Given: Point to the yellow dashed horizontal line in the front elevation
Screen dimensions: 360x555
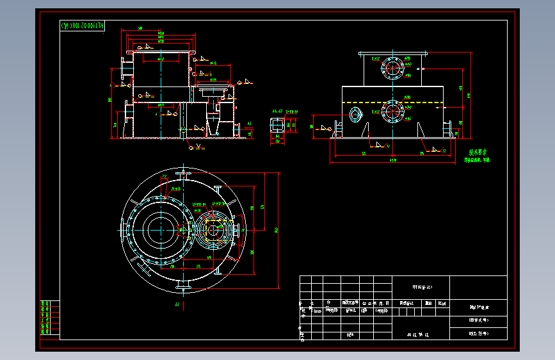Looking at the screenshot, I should (392, 102).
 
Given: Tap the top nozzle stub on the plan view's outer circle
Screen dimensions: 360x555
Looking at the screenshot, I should (184, 173).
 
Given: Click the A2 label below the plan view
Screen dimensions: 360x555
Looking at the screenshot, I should (177, 305).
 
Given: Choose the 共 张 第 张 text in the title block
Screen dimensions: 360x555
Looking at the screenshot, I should (420, 334).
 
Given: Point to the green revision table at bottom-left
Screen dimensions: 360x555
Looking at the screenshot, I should (45, 318).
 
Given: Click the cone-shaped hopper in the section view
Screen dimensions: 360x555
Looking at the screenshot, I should (213, 126).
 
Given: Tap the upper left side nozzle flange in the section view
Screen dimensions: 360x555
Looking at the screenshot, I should (124, 68).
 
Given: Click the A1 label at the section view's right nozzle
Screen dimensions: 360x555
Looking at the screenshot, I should (250, 122).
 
